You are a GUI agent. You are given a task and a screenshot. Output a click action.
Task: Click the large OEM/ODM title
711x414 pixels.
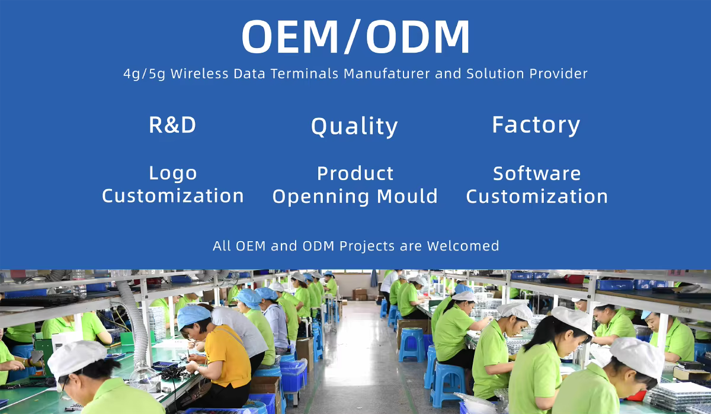[355, 36]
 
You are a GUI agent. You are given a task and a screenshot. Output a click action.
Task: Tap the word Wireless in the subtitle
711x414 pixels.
[199, 73]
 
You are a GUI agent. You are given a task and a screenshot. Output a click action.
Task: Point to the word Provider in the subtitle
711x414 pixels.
[558, 73]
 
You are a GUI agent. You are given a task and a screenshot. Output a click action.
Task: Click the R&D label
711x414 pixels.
[172, 125]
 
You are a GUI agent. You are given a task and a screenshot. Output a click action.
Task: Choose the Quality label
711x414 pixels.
[354, 126]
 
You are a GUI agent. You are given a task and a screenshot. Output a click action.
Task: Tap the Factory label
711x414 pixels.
[536, 126]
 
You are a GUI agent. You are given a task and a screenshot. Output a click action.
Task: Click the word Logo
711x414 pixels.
[173, 174]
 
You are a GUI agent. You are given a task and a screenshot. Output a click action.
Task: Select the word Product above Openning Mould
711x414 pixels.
[355, 174]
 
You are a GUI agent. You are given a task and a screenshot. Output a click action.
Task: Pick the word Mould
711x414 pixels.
[408, 195]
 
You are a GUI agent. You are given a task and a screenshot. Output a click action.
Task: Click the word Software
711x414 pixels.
[537, 174]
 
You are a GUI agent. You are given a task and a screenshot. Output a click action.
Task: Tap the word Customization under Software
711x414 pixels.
[537, 196]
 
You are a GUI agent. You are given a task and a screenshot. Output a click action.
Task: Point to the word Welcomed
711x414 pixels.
[463, 246]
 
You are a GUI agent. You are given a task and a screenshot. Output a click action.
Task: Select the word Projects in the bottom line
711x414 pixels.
[367, 246]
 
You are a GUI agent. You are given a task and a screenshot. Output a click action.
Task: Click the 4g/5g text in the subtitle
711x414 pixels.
[144, 74]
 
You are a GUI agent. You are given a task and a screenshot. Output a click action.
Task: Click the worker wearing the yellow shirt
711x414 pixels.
[219, 355]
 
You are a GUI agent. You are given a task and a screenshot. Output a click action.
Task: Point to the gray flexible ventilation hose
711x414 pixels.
[133, 320]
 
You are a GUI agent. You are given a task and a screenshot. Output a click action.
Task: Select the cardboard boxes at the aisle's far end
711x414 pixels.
[360, 294]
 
